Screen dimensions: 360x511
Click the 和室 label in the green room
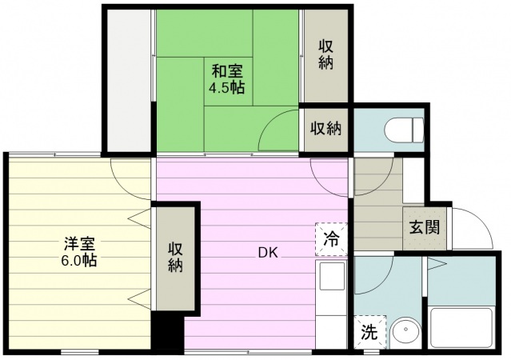coord(227,70)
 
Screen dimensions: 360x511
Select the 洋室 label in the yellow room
coord(78,242)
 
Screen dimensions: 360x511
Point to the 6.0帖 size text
coord(78,260)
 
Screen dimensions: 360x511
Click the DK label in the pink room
coord(267,254)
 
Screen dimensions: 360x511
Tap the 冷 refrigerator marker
coord(332,237)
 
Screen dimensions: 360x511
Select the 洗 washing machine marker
coord(369,331)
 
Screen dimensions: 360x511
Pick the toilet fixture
coord(405,128)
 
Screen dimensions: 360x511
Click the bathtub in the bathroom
coord(462,326)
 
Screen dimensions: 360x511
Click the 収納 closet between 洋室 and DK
coord(176,258)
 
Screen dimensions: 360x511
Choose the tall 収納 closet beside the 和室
coord(325,54)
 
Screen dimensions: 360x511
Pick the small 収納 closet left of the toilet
coord(326,127)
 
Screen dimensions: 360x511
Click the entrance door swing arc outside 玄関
coord(473,228)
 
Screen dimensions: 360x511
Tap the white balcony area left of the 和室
coord(128,80)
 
